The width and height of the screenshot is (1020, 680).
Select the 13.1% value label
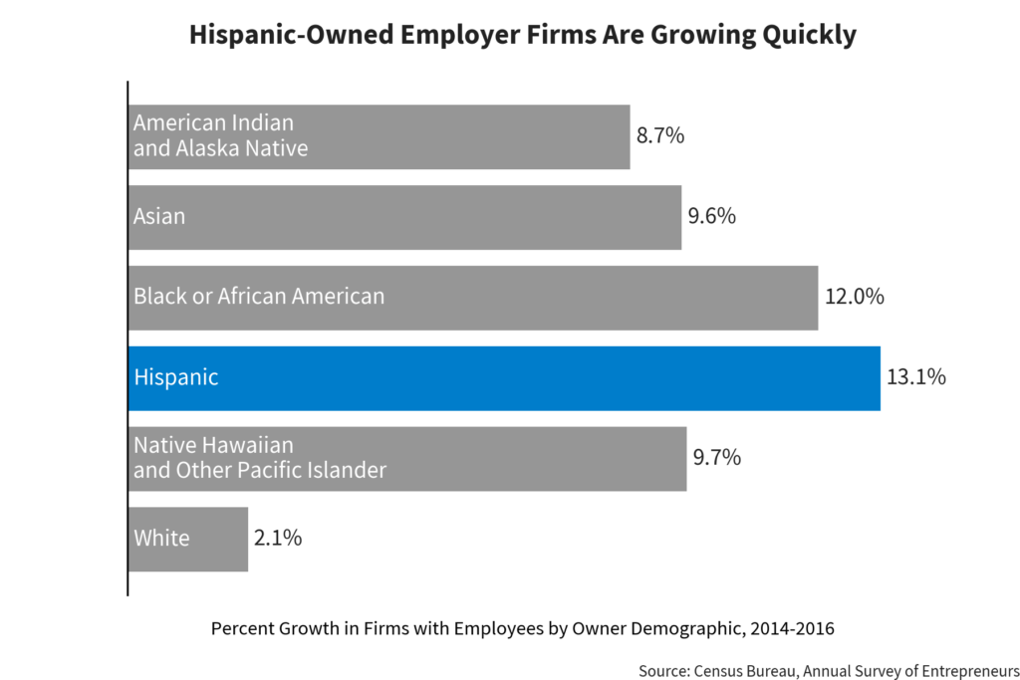pyautogui.click(x=915, y=378)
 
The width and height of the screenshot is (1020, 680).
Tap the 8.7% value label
pyautogui.click(x=660, y=136)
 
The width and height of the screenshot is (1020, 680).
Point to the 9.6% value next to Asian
pyautogui.click(x=711, y=216)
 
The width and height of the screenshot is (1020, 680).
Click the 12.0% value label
pyautogui.click(x=854, y=297)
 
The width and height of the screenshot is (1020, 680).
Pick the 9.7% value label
pyautogui.click(x=716, y=458)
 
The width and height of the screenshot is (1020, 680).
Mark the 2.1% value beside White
pyautogui.click(x=278, y=539)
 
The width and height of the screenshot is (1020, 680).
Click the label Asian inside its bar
pyautogui.click(x=159, y=216)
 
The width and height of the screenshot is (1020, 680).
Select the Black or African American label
pyautogui.click(x=259, y=297)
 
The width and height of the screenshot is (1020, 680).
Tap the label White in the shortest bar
pyautogui.click(x=161, y=539)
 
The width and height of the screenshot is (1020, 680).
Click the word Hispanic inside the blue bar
pyautogui.click(x=176, y=378)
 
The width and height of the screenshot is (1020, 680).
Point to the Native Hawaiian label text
pyautogui.click(x=213, y=445)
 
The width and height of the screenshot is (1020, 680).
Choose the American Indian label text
pyautogui.click(x=213, y=123)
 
